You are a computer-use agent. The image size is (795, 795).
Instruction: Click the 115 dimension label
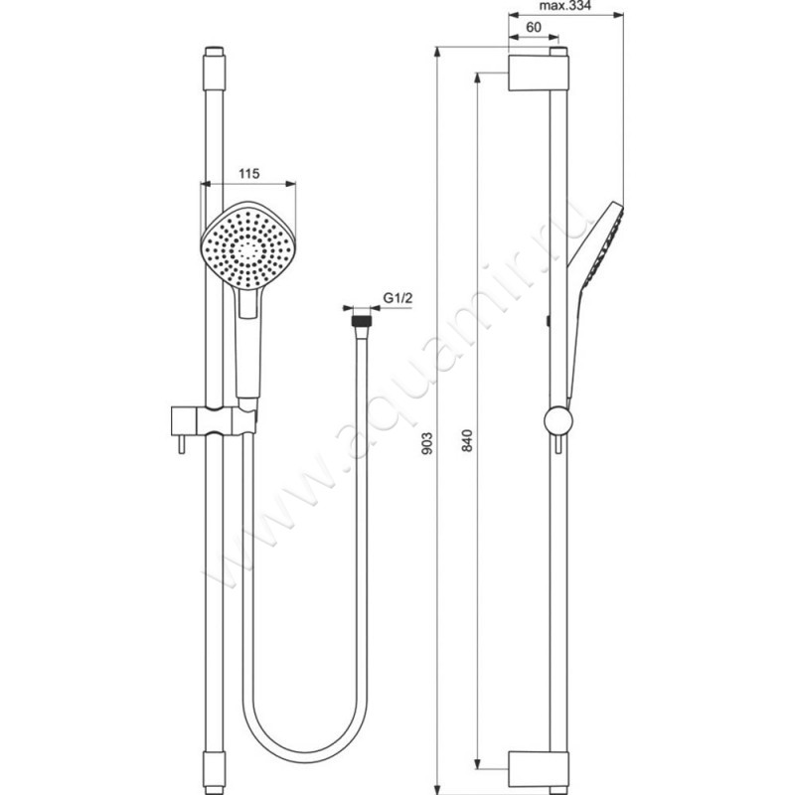249,174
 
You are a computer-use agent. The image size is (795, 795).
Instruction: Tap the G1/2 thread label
397,298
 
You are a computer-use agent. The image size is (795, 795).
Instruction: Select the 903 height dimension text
427,442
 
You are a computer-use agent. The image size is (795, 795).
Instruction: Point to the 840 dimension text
468,440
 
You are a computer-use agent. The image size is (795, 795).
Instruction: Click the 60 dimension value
534,27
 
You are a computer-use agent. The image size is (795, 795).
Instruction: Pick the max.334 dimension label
564,6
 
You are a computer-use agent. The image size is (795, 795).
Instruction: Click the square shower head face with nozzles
247,246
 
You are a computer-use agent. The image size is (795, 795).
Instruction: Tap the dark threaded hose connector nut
362,321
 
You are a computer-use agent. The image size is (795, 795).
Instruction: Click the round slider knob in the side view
558,421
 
